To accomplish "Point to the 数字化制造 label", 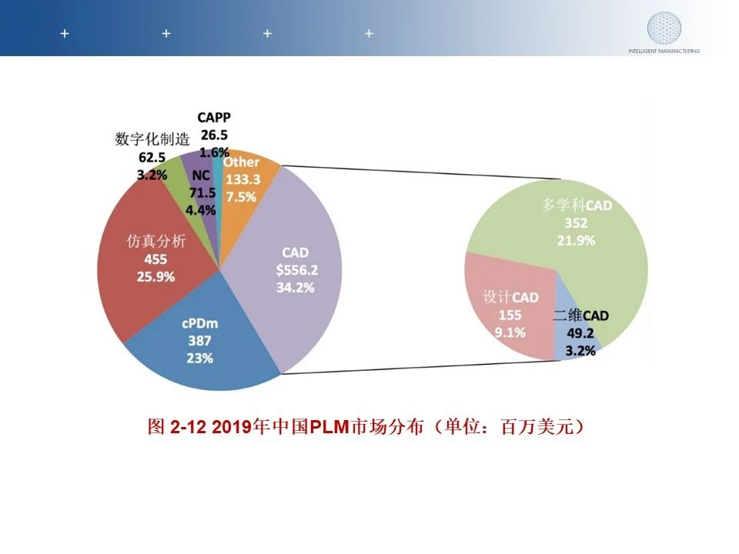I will point(152,139).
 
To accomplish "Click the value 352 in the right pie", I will point(576,223).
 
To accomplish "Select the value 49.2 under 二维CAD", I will point(580,335).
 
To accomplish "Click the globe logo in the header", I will point(663,28).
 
